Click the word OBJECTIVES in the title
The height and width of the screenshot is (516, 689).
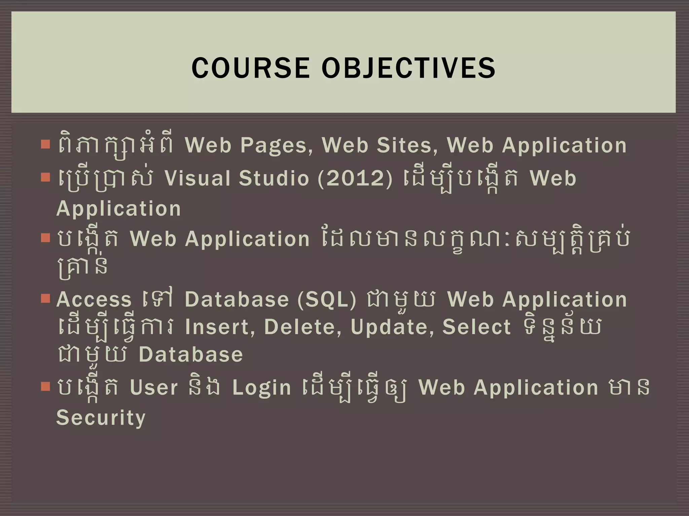coord(408,68)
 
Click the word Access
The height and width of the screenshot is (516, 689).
coord(94,299)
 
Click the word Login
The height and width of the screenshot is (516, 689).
coord(261,388)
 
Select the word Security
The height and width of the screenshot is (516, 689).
coord(101,418)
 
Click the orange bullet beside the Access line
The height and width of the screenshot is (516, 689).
coord(45,298)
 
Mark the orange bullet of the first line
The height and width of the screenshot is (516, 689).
coord(45,144)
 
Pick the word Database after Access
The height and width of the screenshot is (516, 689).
coord(237,299)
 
